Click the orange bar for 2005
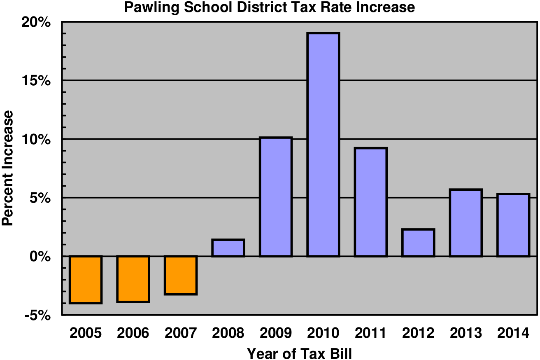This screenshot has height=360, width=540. click(85, 280)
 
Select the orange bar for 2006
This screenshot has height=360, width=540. click(133, 279)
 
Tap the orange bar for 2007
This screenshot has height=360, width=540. click(180, 275)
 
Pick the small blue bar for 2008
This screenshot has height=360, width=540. click(228, 248)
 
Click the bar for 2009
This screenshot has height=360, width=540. click(275, 197)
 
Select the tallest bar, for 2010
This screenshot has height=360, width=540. click(323, 145)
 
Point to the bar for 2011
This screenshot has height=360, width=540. click(370, 202)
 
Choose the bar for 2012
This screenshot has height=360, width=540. click(418, 243)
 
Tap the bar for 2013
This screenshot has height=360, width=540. click(466, 223)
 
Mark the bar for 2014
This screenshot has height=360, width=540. click(513, 225)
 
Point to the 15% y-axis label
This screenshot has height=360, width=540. click(36, 81)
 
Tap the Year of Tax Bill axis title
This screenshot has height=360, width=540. click(299, 353)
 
